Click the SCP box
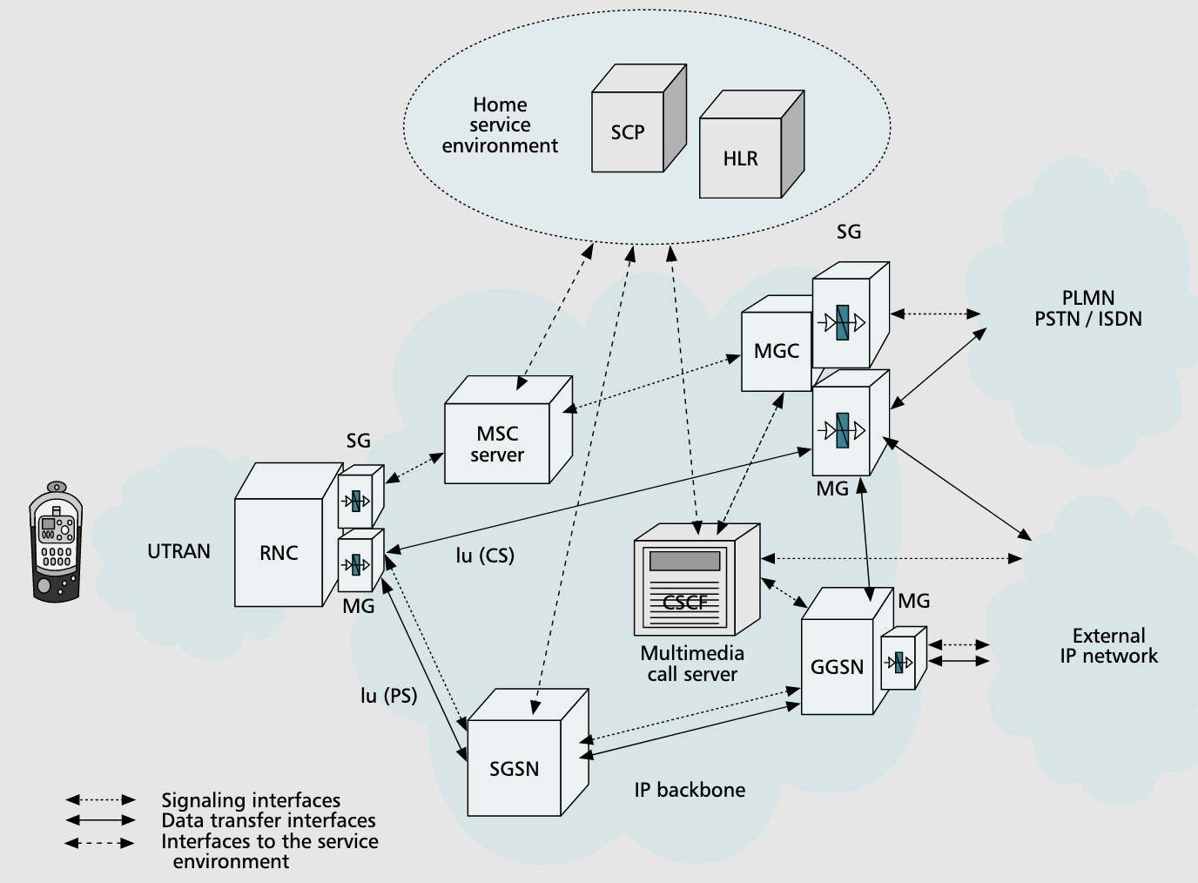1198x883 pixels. [x=628, y=132]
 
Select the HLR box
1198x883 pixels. [x=741, y=158]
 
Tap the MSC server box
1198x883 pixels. [x=498, y=443]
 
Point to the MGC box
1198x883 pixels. [x=776, y=351]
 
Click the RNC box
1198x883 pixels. [x=279, y=552]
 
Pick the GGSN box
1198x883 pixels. [x=837, y=667]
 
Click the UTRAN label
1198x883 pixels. [x=178, y=551]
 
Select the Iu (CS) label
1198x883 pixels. [x=485, y=555]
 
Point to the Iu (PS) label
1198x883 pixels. [x=388, y=695]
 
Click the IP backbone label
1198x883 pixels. [x=690, y=790]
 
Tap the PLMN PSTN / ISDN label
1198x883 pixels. [x=1088, y=308]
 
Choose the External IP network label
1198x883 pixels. [x=1108, y=646]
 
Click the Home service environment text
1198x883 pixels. [x=500, y=125]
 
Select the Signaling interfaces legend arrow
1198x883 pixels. [x=101, y=799]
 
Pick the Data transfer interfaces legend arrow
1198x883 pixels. [x=101, y=820]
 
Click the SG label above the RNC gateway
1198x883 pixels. [x=359, y=441]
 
